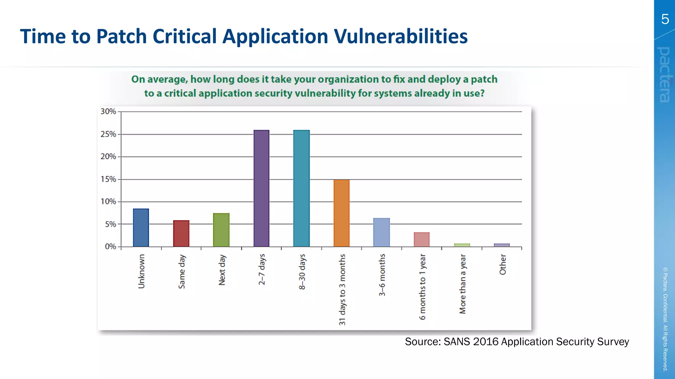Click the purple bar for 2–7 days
[261, 188]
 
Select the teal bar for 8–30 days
[301, 188]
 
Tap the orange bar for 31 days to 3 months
[341, 213]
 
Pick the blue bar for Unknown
[141, 228]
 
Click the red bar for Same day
[181, 233]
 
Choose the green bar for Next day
[221, 230]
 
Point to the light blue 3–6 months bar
[381, 232]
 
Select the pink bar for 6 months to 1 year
[422, 240]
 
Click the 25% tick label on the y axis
[108, 134]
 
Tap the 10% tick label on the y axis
[108, 201]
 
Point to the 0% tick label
[110, 246]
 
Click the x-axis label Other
[503, 265]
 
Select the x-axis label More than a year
[462, 284]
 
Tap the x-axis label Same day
[182, 271]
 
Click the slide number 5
[665, 19]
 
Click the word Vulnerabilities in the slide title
[400, 36]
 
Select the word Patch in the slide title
[121, 36]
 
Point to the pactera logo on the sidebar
[664, 74]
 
